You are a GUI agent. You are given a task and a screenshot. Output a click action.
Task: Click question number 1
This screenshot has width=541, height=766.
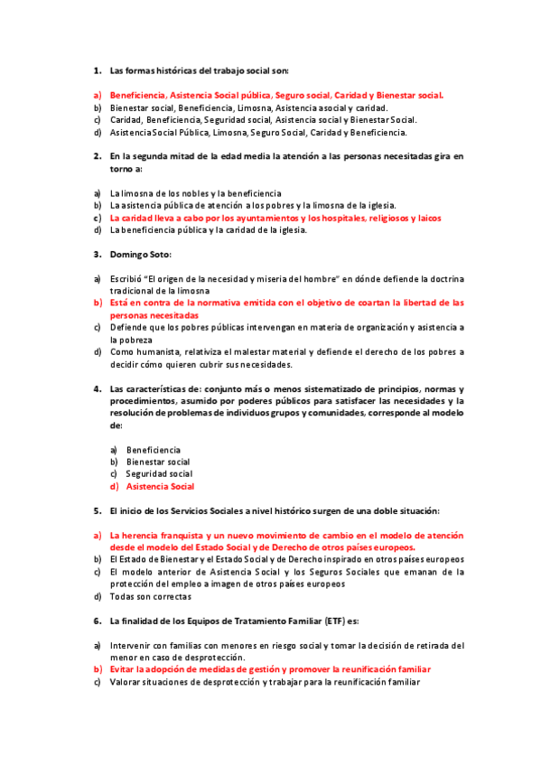click(x=97, y=70)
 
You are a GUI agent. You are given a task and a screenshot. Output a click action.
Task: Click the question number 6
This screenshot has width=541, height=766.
click(x=97, y=621)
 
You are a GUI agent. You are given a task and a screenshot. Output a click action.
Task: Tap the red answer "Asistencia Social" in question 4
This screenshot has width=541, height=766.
click(x=160, y=487)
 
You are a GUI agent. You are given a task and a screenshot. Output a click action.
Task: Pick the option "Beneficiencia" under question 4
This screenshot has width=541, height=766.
click(x=153, y=450)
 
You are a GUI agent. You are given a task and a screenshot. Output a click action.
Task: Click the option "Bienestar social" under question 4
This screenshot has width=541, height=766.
click(x=158, y=462)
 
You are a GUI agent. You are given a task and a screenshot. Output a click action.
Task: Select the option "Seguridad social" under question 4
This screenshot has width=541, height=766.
click(x=159, y=473)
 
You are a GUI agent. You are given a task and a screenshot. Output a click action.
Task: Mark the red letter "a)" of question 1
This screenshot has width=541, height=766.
click(x=97, y=95)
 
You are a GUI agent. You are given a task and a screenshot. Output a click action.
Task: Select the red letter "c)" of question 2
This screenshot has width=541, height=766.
click(x=97, y=218)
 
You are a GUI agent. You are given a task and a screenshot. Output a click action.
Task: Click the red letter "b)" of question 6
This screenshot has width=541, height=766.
click(x=97, y=670)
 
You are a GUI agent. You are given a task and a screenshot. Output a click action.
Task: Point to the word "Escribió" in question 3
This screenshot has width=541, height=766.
click(x=126, y=279)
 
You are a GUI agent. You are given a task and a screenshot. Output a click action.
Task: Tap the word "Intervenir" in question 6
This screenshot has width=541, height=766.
click(x=129, y=646)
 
